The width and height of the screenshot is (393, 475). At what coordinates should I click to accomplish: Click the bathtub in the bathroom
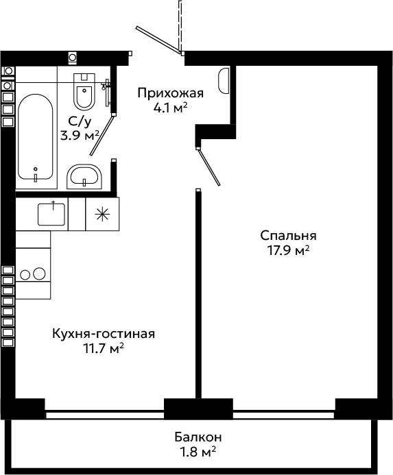point(36,136)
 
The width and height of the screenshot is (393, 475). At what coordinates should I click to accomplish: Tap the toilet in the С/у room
point(84,91)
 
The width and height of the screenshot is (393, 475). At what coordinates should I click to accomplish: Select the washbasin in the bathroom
point(84,176)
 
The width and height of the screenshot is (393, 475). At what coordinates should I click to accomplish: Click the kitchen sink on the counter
point(51,214)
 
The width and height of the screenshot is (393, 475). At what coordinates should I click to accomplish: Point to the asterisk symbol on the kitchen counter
point(102,214)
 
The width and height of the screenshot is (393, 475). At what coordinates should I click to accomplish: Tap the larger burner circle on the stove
point(39,273)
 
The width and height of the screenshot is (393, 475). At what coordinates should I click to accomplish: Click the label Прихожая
point(170,93)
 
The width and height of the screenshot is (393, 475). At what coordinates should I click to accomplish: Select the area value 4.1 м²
point(170,108)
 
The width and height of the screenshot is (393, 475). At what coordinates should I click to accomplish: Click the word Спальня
point(288,235)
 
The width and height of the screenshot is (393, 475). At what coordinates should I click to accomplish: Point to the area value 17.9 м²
point(288,251)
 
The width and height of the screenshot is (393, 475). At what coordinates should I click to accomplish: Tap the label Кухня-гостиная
point(104,334)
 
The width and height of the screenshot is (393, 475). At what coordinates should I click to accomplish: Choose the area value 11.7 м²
point(104,348)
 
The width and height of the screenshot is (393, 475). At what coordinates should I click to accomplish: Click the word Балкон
point(198,437)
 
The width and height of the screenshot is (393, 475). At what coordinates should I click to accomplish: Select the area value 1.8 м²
point(198,452)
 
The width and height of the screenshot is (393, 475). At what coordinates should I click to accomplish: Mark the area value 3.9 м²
point(80,136)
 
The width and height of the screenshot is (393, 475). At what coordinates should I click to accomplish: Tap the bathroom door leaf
point(102,135)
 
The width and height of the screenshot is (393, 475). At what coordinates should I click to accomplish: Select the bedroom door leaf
point(209,167)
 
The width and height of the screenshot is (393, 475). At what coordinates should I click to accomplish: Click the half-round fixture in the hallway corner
point(223,81)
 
